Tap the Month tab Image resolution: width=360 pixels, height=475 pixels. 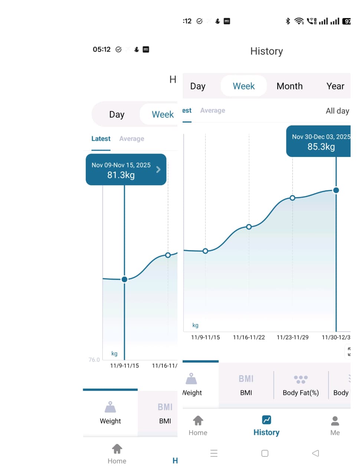click(x=289, y=86)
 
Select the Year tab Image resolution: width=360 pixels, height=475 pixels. click(x=335, y=86)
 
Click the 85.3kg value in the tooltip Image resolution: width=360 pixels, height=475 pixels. click(x=321, y=147)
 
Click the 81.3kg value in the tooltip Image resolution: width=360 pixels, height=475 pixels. click(x=121, y=175)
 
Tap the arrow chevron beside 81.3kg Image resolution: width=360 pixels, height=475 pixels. click(x=158, y=170)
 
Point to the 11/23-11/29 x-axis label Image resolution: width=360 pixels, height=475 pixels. click(x=292, y=337)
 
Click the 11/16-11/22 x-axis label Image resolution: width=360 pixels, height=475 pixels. click(x=249, y=337)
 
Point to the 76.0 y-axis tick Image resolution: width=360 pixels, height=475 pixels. click(x=94, y=360)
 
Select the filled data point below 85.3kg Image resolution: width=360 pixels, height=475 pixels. click(x=336, y=190)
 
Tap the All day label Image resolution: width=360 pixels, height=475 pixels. click(x=337, y=111)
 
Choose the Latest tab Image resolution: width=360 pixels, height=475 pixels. click(x=101, y=139)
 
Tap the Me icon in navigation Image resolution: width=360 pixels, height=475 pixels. click(x=335, y=421)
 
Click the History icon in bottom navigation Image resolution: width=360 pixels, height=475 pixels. click(x=266, y=420)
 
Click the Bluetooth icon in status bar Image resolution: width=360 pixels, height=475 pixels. click(x=288, y=21)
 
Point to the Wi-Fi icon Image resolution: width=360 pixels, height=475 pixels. click(x=299, y=21)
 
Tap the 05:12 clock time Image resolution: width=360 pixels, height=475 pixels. click(x=102, y=49)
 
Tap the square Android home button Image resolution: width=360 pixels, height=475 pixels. click(x=265, y=453)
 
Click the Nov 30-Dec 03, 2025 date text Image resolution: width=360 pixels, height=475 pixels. click(x=321, y=137)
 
